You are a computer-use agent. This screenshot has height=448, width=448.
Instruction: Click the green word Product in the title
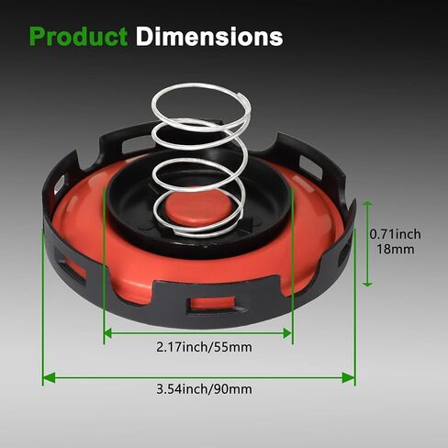(78, 37)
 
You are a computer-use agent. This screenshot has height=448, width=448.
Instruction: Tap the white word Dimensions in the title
(209, 37)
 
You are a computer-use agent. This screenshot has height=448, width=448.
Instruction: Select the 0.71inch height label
(395, 234)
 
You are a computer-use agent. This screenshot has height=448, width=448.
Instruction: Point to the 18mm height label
(395, 249)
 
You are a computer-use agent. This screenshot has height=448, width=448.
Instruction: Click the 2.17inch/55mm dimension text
(204, 347)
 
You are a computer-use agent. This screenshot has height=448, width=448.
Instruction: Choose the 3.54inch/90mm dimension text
(204, 389)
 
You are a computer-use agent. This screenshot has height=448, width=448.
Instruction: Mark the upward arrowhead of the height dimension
(367, 205)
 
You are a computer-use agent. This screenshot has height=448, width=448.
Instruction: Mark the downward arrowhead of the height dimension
(367, 283)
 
